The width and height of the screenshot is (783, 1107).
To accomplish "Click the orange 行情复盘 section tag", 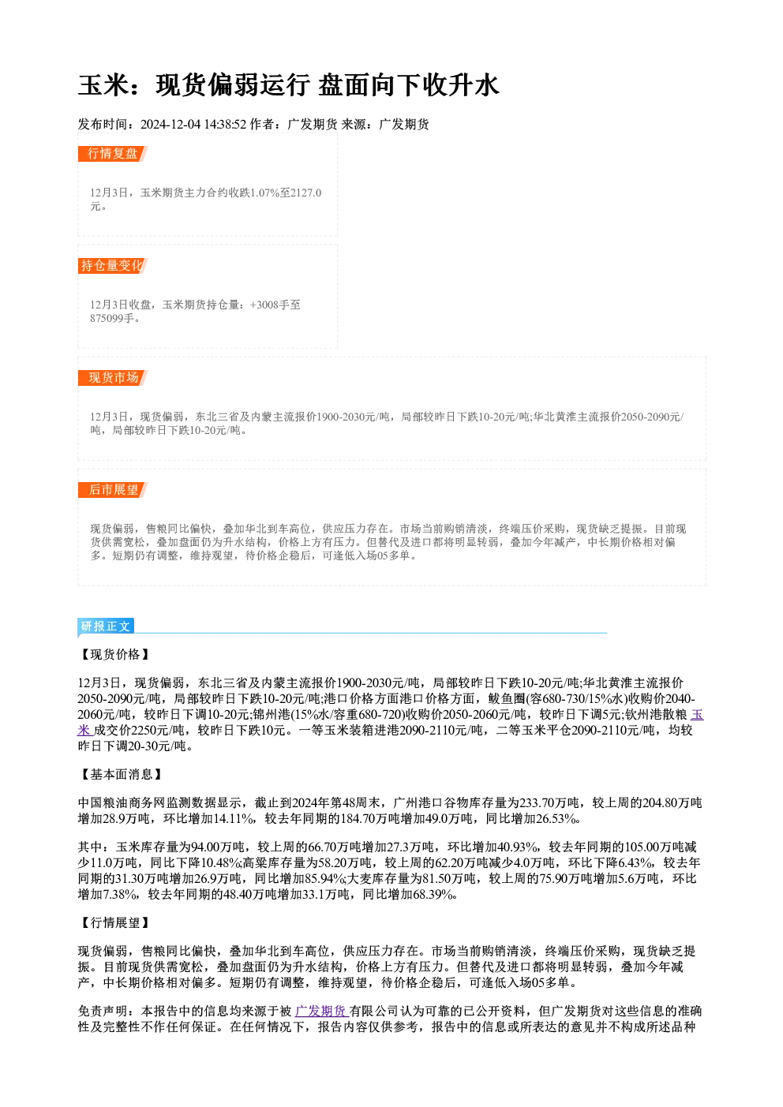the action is pyautogui.click(x=113, y=154).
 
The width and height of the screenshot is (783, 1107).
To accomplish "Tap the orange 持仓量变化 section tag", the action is pyautogui.click(x=113, y=266).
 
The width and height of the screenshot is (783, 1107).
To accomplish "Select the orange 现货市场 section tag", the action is pyautogui.click(x=113, y=378).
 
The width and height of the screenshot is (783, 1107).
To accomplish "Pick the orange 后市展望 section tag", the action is pyautogui.click(x=113, y=490).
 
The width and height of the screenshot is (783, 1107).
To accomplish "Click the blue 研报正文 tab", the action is pyautogui.click(x=106, y=626).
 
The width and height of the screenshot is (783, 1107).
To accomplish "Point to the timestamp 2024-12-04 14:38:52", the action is pyautogui.click(x=193, y=124).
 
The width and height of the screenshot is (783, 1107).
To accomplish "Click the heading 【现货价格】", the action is pyautogui.click(x=114, y=654).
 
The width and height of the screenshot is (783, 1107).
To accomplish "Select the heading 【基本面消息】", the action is pyautogui.click(x=121, y=774).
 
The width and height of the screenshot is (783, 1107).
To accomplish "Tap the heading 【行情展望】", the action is pyautogui.click(x=114, y=922).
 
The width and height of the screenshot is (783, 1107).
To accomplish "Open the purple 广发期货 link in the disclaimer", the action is pyautogui.click(x=322, y=1011).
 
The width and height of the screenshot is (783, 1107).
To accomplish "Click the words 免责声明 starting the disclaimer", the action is pyautogui.click(x=103, y=1011).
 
